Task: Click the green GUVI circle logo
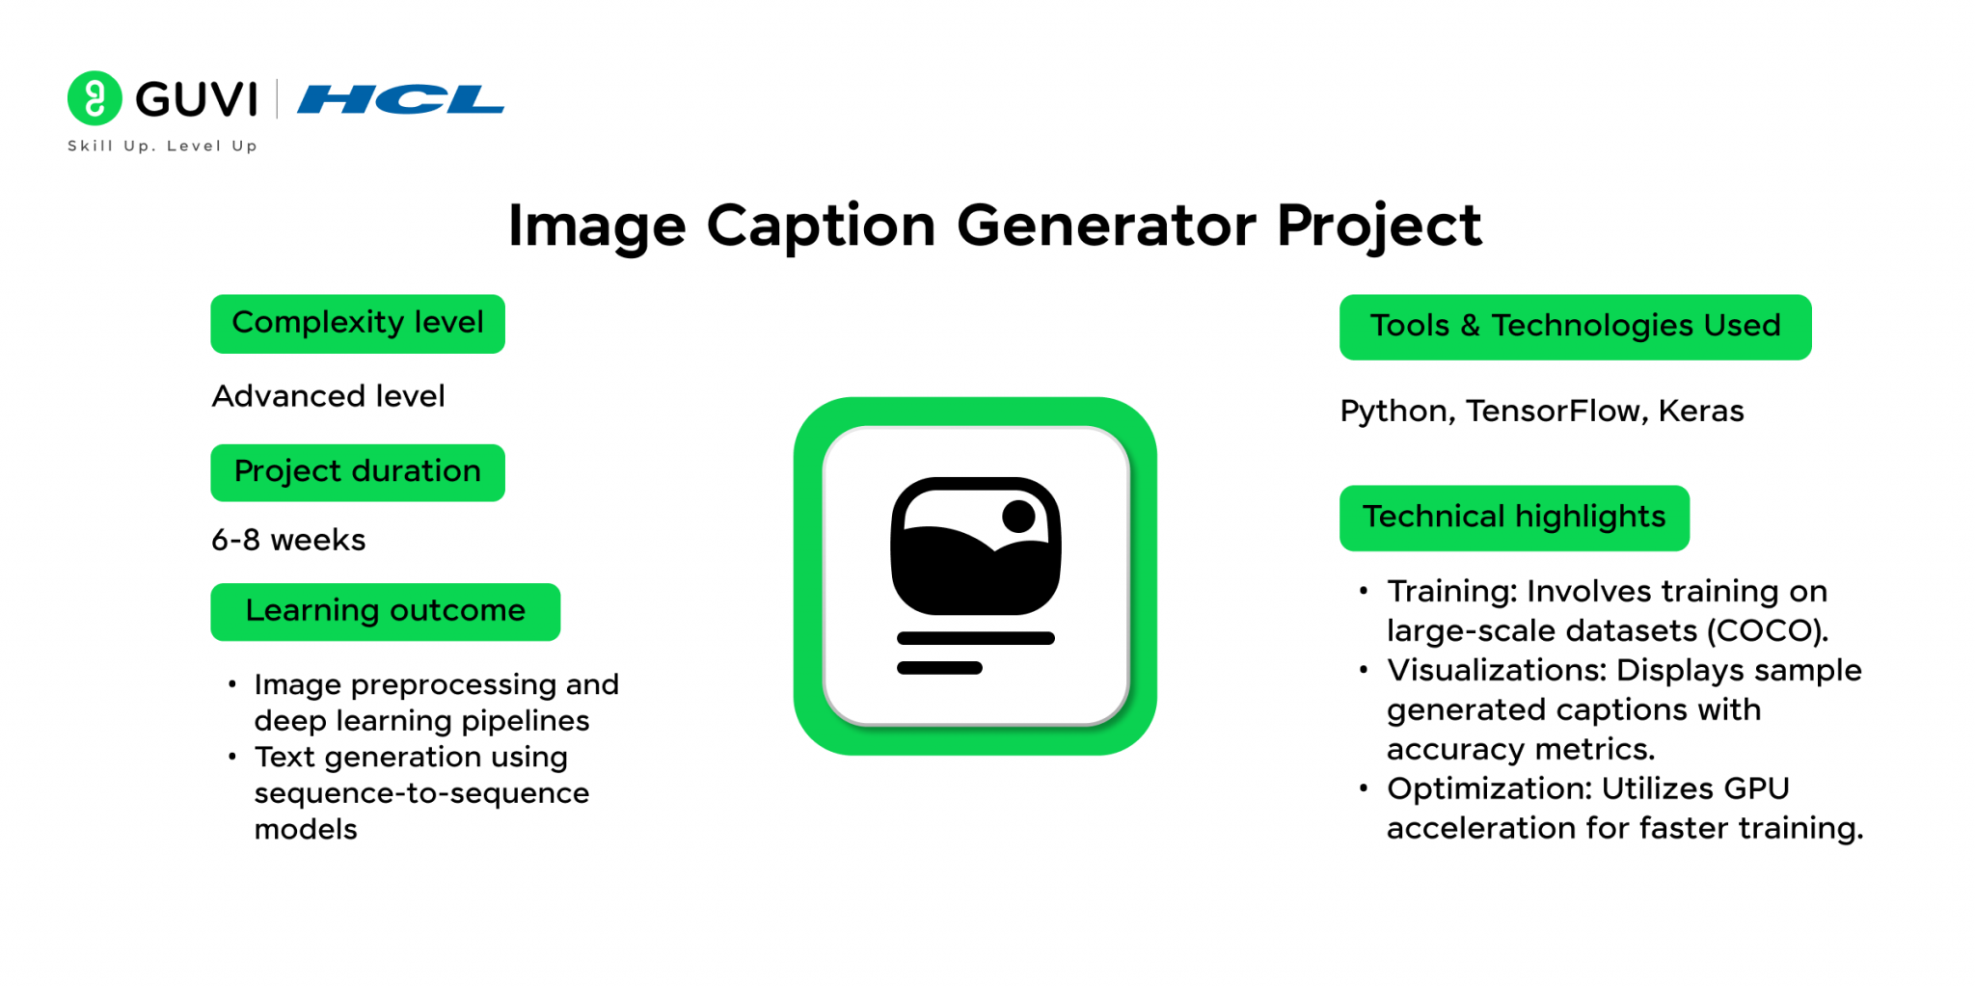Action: [95, 98]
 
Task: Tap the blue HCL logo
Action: [400, 99]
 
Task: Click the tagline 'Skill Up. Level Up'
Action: [162, 146]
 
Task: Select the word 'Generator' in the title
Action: [1106, 226]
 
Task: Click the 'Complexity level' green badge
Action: [358, 324]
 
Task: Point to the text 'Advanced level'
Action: [328, 396]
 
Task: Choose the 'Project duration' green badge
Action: [358, 472]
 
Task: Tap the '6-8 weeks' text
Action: [288, 540]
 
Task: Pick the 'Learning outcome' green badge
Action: [385, 611]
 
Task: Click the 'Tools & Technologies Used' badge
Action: [1575, 327]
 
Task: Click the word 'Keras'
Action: [1701, 412]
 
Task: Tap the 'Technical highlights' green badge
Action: [1514, 518]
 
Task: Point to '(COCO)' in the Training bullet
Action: [1768, 631]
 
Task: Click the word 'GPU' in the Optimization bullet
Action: [1756, 788]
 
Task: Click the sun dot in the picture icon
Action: [1018, 516]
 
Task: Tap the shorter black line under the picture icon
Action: [939, 668]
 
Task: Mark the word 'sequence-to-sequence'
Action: [421, 793]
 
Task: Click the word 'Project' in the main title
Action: [1379, 226]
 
